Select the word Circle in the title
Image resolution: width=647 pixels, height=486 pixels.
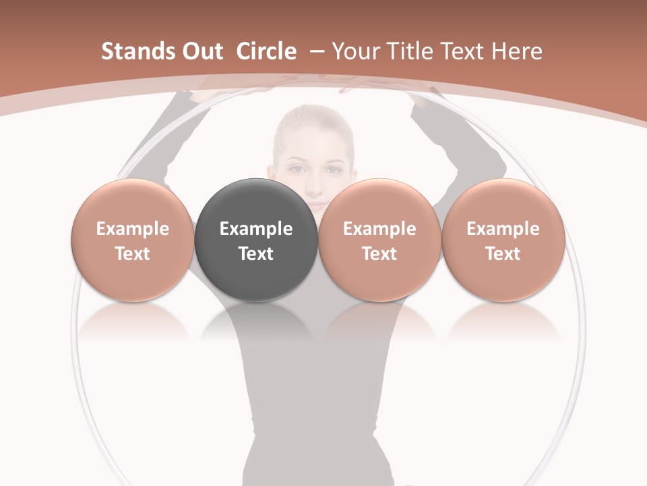[266, 51]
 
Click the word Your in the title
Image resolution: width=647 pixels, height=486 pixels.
[354, 51]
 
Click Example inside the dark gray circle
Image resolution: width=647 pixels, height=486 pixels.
[256, 229]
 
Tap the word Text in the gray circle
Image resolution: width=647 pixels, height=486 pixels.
[256, 254]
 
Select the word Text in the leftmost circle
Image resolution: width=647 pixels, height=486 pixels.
[132, 254]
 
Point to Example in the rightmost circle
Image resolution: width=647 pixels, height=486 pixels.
[503, 229]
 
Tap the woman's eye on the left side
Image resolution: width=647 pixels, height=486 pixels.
[295, 169]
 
